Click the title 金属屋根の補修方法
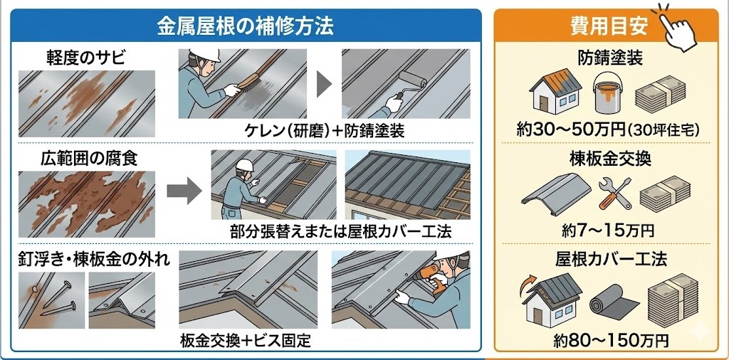click(245, 26)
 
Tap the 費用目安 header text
click(609, 26)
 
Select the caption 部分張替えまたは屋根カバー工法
click(341, 231)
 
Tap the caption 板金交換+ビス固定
click(246, 342)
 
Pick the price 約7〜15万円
click(608, 229)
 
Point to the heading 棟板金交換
click(609, 159)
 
